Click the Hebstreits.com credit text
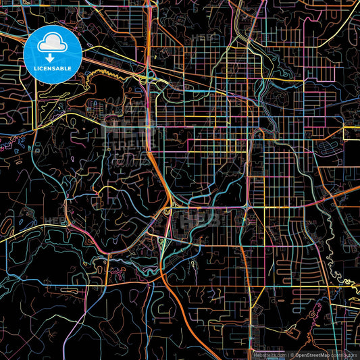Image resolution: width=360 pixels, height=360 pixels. coord(268,354)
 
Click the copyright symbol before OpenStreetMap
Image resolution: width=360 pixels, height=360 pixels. coord(292,354)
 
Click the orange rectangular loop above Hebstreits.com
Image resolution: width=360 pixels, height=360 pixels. coord(259,337)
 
